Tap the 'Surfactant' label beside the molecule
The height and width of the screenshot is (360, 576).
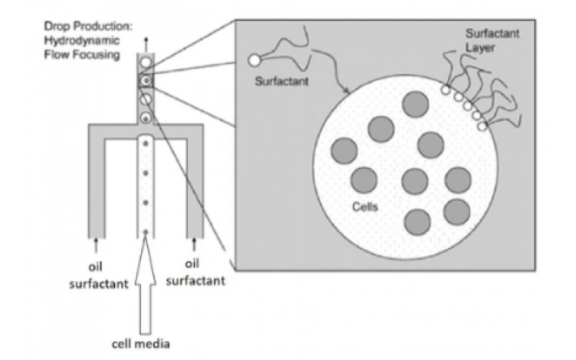tap(282, 81)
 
